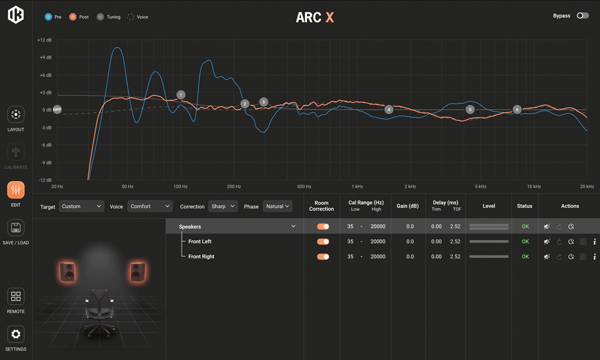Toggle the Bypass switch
pyautogui.click(x=582, y=16)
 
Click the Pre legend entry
pyautogui.click(x=53, y=17)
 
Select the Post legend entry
pyautogui.click(x=79, y=17)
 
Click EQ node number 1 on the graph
pyautogui.click(x=181, y=95)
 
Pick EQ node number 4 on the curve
pyautogui.click(x=388, y=110)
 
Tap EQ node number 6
pyautogui.click(x=517, y=110)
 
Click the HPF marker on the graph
pyautogui.click(x=57, y=110)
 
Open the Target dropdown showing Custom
pyautogui.click(x=81, y=206)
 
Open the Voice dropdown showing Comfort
pyautogui.click(x=149, y=206)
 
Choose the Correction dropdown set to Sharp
pyautogui.click(x=223, y=206)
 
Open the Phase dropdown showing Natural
pyautogui.click(x=278, y=206)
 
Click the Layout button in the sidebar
pyautogui.click(x=16, y=119)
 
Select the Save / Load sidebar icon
pyautogui.click(x=16, y=232)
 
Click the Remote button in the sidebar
pyautogui.click(x=16, y=300)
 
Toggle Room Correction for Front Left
pyautogui.click(x=323, y=242)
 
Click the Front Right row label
pyautogui.click(x=201, y=257)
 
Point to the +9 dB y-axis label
pyautogui.click(x=45, y=57)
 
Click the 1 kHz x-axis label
pyautogui.click(x=357, y=186)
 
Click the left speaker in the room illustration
pyautogui.click(x=68, y=272)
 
